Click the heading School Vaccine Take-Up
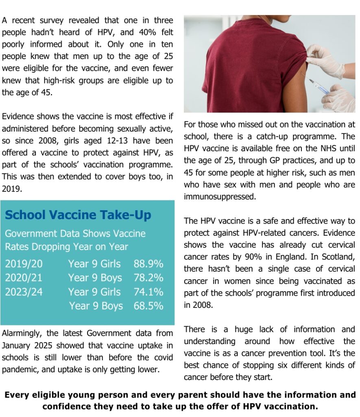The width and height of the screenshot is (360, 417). pos(78,215)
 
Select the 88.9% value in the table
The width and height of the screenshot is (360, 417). pos(148,264)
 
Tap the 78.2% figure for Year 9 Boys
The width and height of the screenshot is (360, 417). pos(148,278)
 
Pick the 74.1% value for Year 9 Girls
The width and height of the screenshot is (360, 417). pos(148,292)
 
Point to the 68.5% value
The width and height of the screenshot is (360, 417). pos(148,306)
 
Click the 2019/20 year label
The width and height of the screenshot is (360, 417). pos(24,264)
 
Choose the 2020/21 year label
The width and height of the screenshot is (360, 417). pos(24,278)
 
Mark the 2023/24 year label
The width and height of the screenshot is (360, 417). pos(24,292)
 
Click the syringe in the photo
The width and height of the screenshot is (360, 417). pos(319,86)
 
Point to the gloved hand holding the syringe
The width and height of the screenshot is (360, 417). pos(340,98)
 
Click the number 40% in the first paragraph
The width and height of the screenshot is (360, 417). pos(131,32)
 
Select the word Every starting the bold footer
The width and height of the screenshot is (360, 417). pos(19,395)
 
